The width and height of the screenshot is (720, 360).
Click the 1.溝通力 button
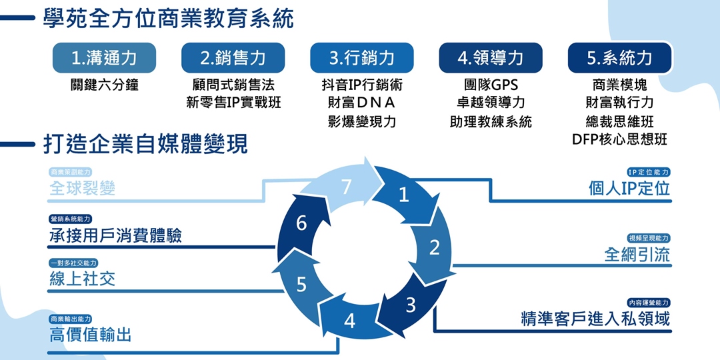click(104, 58)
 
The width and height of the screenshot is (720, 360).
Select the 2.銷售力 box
click(233, 58)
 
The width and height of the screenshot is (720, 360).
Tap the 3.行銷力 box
click(361, 58)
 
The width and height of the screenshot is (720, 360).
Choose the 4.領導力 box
click(490, 58)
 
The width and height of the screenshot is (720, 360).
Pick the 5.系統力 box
click(619, 58)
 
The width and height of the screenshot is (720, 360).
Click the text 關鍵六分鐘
click(104, 85)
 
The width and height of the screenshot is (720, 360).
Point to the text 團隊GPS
click(491, 85)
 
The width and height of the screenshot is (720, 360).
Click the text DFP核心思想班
click(619, 139)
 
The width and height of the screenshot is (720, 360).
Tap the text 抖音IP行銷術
click(361, 85)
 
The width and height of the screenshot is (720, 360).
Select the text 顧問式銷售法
click(233, 85)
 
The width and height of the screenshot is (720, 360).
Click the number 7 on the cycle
click(346, 188)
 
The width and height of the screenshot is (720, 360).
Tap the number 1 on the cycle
click(403, 195)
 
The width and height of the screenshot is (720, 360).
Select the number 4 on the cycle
click(349, 321)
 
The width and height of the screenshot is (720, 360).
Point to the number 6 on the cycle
click(301, 223)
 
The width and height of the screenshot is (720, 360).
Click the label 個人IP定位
click(629, 189)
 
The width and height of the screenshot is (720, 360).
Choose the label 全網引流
click(637, 255)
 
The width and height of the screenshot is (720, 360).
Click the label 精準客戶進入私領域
click(595, 319)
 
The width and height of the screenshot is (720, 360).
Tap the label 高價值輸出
click(90, 335)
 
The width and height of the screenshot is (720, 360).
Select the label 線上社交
click(82, 279)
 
